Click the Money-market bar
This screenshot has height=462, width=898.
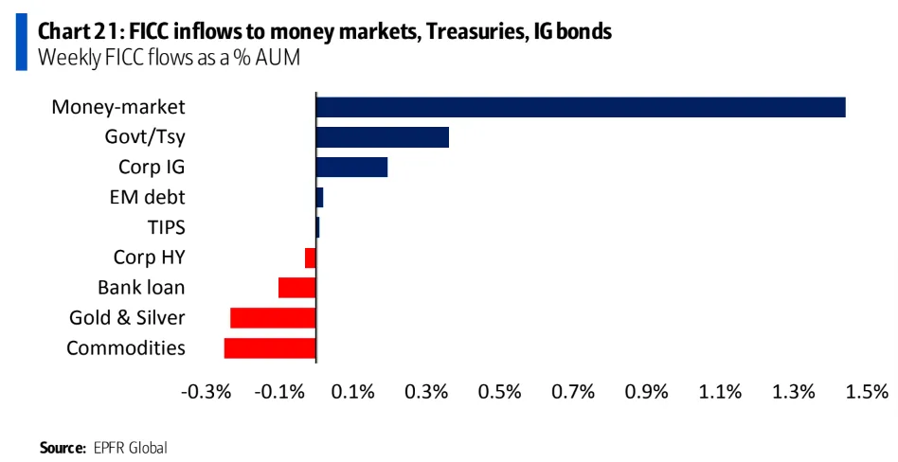point(580,107)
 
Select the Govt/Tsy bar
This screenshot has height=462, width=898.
point(382,137)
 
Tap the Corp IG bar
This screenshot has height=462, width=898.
point(351,168)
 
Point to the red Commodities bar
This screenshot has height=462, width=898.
point(270,347)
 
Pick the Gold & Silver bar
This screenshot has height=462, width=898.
point(273,317)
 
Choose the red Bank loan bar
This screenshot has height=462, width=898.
point(296,287)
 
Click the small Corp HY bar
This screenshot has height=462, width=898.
point(310,258)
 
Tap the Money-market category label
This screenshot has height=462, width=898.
point(117,107)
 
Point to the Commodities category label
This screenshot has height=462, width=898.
point(126,347)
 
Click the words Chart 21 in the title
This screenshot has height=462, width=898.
point(78,31)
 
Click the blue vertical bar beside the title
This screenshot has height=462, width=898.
point(20,43)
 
